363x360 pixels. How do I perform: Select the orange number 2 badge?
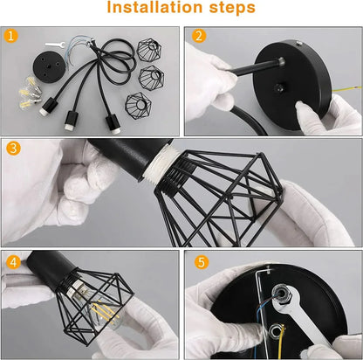pyautogui.click(x=198, y=37)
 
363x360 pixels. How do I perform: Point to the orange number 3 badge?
pyautogui.click(x=13, y=149)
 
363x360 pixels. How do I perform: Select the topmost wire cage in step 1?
pyautogui.click(x=150, y=49)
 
